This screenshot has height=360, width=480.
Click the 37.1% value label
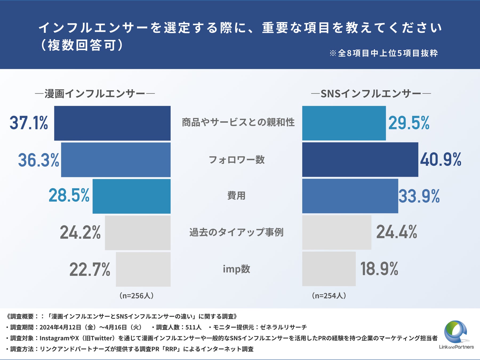pyautogui.click(x=29, y=123)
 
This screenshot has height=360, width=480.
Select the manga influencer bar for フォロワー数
pyautogui.click(x=116, y=160)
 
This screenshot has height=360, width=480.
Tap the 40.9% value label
pyautogui.click(x=441, y=160)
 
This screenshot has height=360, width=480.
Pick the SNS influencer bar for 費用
pyautogui.click(x=350, y=196)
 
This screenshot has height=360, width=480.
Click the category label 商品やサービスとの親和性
pyautogui.click(x=238, y=122)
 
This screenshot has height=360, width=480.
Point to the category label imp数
pyautogui.click(x=237, y=269)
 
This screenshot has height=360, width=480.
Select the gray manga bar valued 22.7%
pyautogui.click(x=143, y=269)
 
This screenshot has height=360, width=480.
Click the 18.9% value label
pyautogui.click(x=379, y=269)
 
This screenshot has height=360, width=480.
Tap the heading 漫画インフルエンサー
pyautogui.click(x=95, y=94)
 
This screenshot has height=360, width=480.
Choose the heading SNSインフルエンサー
pyautogui.click(x=371, y=94)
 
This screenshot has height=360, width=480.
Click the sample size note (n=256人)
pyautogui.click(x=137, y=295)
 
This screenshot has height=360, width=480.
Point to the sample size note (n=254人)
pyautogui.click(x=329, y=295)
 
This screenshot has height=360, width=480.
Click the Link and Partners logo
pyautogui.click(x=456, y=335)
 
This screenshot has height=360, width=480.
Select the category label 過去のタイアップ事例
pyautogui.click(x=237, y=232)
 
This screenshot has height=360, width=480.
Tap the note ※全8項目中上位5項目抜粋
pyautogui.click(x=384, y=53)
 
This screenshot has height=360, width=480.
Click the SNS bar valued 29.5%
pyautogui.click(x=344, y=123)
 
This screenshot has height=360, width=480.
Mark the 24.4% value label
pyautogui.click(x=397, y=232)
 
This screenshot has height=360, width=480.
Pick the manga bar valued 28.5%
pyautogui.click(x=131, y=196)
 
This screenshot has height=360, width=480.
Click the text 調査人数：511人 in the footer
pyautogui.click(x=178, y=327)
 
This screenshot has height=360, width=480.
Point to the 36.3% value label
pyautogui.click(x=39, y=160)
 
